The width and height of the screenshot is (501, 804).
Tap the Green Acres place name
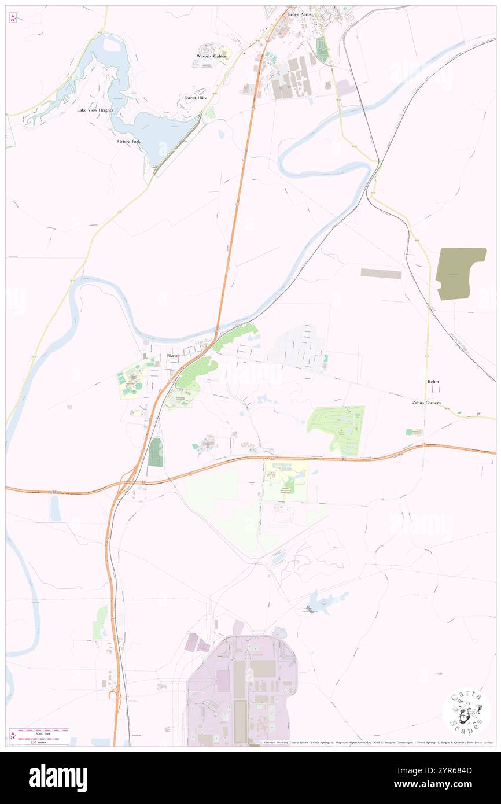click(x=299, y=14)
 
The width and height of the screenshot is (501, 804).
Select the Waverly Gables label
click(x=211, y=56)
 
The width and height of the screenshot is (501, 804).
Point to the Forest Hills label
click(x=195, y=98)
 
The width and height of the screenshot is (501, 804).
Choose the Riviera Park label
click(x=128, y=141)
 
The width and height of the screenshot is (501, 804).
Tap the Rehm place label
click(x=433, y=382)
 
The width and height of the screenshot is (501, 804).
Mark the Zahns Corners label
click(x=426, y=403)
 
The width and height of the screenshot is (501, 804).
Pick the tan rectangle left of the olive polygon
click(x=381, y=274)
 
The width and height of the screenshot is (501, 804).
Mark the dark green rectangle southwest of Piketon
click(x=155, y=452)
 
